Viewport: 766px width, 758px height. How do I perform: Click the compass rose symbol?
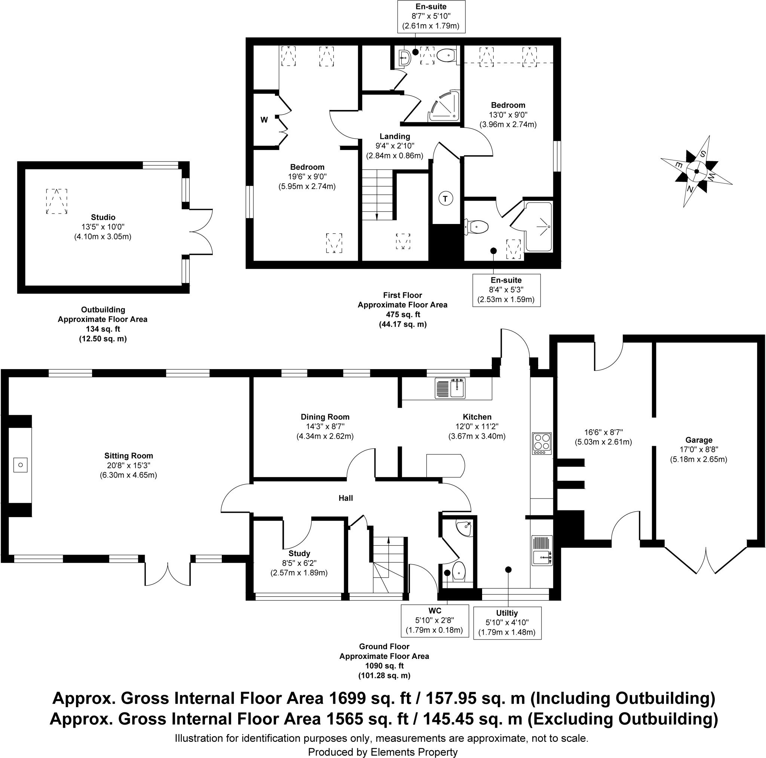coord(696,171)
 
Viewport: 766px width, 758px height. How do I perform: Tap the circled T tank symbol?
coord(445,198)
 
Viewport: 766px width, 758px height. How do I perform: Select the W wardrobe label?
coord(264,119)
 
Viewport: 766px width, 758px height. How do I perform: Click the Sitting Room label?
coord(128,456)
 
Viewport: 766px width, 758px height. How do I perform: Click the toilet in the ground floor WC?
coord(460,571)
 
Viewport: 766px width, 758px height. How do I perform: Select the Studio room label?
coord(103,217)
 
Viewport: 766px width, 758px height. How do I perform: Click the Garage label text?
coord(699,440)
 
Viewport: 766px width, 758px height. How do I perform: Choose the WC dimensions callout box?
coord(435,620)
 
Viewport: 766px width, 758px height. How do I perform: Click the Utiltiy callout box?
coord(507,623)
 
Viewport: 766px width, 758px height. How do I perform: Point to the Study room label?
coord(299,553)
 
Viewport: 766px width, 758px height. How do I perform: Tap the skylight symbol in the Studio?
coord(57,202)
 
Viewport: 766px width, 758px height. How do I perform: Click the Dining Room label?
coord(325,417)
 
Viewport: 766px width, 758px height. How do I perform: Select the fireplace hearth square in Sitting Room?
coord(21,464)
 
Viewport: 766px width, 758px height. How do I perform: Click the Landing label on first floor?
coord(395,136)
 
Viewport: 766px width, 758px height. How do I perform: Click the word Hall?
coord(345,498)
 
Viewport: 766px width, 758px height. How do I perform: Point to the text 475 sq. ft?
coord(402,314)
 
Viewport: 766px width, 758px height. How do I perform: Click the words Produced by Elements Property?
coord(383,752)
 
